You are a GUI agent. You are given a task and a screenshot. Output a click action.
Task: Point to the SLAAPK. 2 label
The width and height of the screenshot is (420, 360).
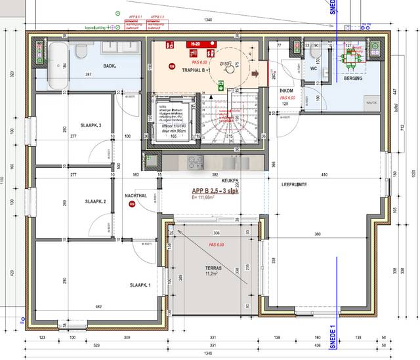click(96, 202)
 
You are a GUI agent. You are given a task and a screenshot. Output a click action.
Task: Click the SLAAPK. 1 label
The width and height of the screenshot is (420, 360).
click(140, 285)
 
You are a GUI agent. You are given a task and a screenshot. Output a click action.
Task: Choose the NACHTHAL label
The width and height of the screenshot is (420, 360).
click(135, 195)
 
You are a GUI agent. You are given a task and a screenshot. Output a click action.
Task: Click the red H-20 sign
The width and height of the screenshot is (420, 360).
click(195, 44)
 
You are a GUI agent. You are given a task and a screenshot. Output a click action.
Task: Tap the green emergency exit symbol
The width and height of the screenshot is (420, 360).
click(222, 84)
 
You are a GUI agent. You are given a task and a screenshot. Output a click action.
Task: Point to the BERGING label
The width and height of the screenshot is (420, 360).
click(355, 79)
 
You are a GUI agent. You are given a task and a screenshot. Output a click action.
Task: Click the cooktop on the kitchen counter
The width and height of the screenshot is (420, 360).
click(196, 161)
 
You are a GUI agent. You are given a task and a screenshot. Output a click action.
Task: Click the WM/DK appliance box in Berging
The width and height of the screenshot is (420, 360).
click(371, 102)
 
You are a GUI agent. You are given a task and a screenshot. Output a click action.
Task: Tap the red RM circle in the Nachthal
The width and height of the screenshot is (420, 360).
click(132, 204)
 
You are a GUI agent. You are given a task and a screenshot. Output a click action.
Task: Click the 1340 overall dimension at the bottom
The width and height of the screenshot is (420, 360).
click(208, 353)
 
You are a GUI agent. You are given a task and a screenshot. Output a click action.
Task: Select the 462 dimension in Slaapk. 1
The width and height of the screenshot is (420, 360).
click(99, 307)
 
